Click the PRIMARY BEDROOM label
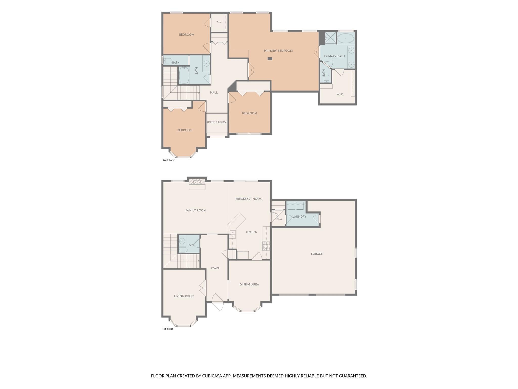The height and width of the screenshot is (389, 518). (278, 51)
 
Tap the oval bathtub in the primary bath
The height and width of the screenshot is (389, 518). (346, 38)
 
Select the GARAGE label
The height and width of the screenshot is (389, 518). (317, 254)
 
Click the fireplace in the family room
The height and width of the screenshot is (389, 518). (197, 184)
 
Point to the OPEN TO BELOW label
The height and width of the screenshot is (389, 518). (217, 122)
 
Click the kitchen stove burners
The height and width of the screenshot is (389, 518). (266, 246)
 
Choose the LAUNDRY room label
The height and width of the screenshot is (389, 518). (299, 217)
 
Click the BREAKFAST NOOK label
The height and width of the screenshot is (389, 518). (249, 199)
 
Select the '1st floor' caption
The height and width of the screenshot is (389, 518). (168, 329)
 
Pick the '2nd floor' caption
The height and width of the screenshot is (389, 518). (168, 160)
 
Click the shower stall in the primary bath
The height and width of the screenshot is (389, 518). (330, 38)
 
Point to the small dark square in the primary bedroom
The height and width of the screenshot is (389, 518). (270, 59)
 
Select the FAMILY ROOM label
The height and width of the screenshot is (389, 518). (196, 210)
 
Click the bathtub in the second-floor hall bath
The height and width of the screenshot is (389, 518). (184, 75)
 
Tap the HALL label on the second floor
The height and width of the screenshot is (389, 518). (214, 93)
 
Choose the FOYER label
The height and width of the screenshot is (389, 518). (215, 268)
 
